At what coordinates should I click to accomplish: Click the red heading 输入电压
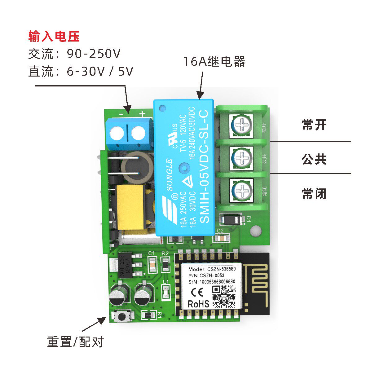pos(54,37)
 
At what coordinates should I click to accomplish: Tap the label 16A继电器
pos(214,62)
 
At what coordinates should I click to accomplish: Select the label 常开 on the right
pos(314,125)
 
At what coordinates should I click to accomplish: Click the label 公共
pos(314,159)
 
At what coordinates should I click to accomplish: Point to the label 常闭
pos(314,194)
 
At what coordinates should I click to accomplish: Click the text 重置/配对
pos(75,342)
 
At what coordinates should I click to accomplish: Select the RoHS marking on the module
pos(198,304)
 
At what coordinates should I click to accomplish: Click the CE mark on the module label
pos(197,292)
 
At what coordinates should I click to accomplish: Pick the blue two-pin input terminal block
pos(129,133)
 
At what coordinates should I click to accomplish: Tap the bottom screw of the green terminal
pos(241,189)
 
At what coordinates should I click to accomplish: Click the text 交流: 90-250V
pos(74,54)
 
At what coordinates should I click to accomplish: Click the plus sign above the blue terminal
pos(142,114)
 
